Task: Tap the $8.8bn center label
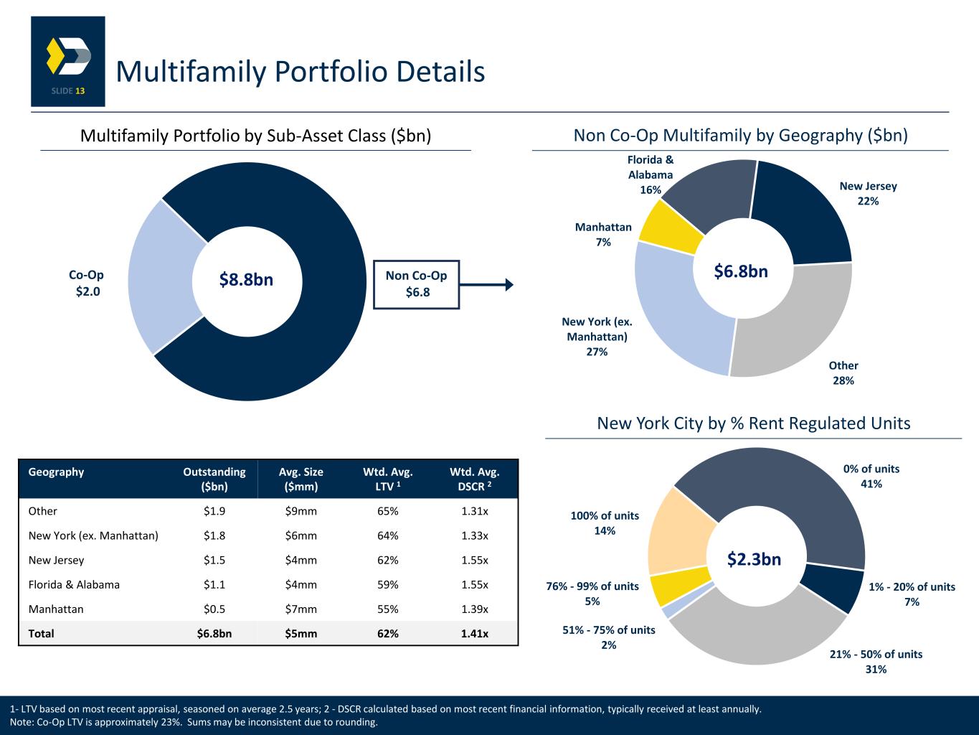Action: point(246,280)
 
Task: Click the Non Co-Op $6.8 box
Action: point(416,284)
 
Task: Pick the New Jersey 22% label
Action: point(868,194)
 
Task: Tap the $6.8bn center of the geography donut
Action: point(741,271)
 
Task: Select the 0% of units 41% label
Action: point(871,476)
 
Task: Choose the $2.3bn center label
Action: point(754,559)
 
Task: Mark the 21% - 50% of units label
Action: point(876,661)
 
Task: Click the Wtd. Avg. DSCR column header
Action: point(474,479)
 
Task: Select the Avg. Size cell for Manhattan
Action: point(301,609)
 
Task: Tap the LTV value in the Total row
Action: point(387,634)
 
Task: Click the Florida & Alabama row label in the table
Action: point(74,584)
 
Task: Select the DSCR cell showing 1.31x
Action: point(474,511)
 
